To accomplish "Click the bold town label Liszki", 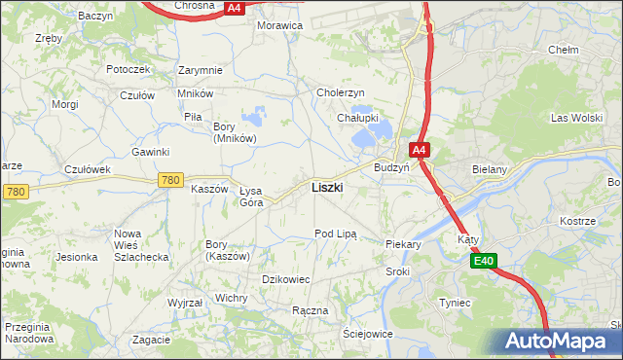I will [326, 187].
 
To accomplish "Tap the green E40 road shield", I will [486, 261].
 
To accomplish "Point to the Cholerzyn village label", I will [341, 92].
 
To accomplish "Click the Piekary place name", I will [402, 245].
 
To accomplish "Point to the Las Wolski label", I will [573, 118].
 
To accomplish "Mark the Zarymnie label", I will [201, 70].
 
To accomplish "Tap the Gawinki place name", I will [151, 152].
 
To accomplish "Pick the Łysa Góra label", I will [251, 196].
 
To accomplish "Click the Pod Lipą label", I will [336, 234].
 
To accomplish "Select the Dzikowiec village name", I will [286, 279].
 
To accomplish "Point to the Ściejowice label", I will [367, 333].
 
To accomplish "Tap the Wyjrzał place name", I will [185, 303].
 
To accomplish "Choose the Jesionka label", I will [77, 257].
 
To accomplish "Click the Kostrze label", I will [577, 221].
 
